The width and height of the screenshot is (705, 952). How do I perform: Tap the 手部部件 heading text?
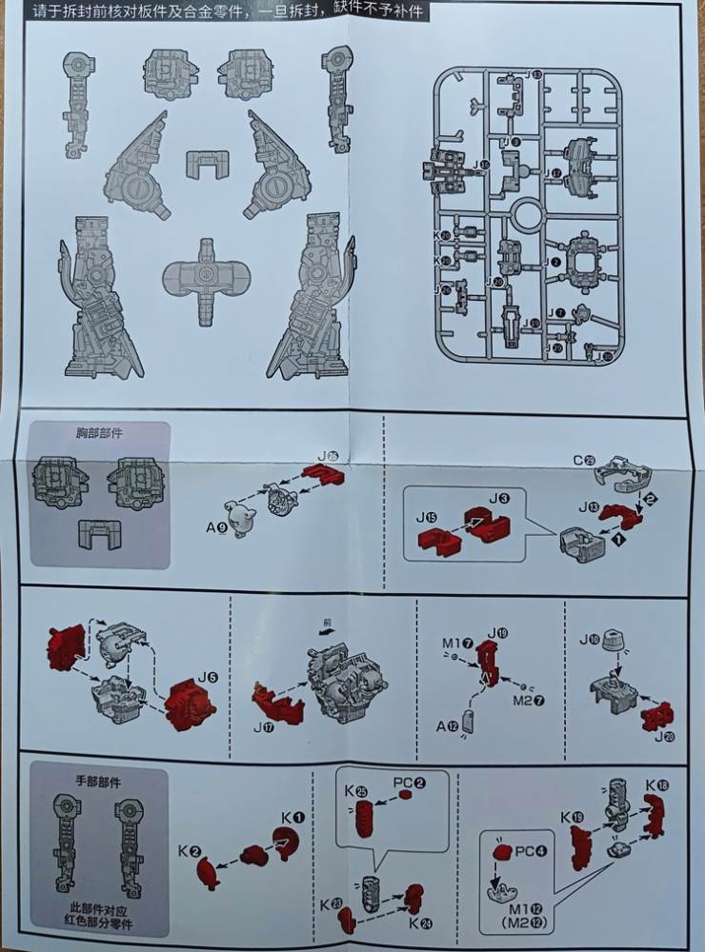point(99,781)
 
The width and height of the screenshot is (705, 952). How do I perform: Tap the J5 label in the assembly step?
point(207,678)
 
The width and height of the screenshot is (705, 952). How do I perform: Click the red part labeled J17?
point(276,704)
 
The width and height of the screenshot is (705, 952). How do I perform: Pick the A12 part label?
point(448,727)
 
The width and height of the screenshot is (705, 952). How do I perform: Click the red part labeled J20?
point(656,716)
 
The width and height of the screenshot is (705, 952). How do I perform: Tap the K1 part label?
point(292,817)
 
